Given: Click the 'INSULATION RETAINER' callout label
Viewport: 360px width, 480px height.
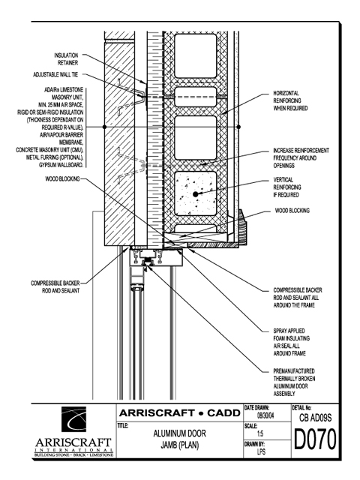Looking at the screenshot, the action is (66, 59).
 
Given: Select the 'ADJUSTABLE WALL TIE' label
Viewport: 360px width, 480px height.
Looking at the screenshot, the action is (55, 75).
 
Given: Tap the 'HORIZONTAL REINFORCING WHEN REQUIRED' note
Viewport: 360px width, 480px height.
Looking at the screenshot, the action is (290, 100).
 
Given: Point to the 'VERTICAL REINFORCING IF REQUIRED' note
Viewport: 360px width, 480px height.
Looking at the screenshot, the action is (287, 187).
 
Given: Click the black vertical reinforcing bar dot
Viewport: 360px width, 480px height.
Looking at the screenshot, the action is (196, 194).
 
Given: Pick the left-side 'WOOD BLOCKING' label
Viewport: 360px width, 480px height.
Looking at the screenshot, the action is (62, 178).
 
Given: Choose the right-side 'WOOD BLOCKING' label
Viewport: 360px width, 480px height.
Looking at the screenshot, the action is (292, 211).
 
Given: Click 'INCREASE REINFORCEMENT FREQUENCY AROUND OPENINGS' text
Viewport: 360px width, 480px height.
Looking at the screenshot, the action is (301, 158).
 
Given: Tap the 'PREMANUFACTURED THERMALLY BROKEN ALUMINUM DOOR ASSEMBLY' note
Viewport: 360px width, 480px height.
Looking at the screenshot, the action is (294, 382).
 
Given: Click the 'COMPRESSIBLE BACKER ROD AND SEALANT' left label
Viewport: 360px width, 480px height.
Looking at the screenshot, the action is (55, 286).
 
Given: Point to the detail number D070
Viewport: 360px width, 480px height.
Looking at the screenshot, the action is (315, 439).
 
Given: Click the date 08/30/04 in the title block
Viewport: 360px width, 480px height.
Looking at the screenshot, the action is (265, 416).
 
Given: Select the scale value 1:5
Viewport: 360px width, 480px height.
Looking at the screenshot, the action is (260, 433).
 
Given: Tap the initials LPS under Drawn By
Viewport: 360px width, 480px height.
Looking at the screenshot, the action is (261, 451).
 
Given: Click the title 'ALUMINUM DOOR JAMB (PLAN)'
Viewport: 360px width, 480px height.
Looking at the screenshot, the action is (180, 439).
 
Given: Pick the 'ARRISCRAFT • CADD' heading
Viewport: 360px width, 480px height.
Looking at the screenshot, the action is (180, 413).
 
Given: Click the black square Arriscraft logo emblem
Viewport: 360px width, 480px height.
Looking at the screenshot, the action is (73, 419).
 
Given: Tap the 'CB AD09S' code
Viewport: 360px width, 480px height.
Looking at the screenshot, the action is (315, 418).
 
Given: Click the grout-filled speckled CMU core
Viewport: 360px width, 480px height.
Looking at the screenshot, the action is (196, 193).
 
